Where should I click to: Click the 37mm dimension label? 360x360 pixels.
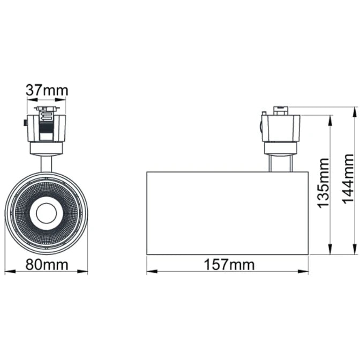tap(47, 91)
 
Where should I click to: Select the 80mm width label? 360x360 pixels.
tap(47, 264)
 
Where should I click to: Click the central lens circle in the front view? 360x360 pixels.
tap(46, 213)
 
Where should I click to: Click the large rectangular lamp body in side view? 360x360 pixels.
tap(227, 213)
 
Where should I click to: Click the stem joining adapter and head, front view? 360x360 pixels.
tap(47, 163)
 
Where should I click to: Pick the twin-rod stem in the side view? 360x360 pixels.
tap(280, 163)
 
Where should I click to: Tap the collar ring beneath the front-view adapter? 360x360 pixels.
tap(47, 148)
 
